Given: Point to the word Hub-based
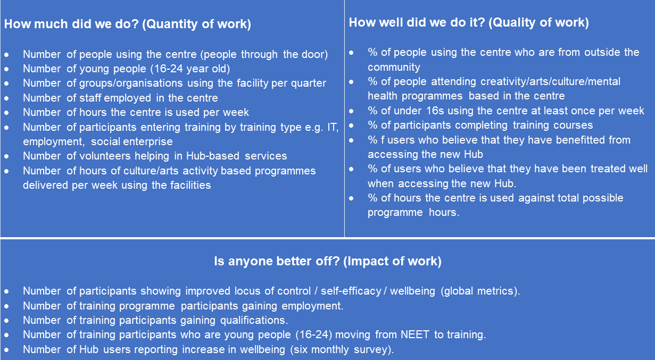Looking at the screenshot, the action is pyautogui.click(x=213, y=156).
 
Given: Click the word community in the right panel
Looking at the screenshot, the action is pyautogui.click(x=394, y=68).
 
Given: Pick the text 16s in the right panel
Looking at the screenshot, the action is pyautogui.click(x=435, y=111).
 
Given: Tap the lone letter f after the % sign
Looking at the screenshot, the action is pyautogui.click(x=383, y=140).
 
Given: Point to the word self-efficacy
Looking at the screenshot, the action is pyautogui.click(x=351, y=291).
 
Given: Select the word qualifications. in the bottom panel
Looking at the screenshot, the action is pyautogui.click(x=254, y=321).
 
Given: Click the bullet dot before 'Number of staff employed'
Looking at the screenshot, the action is pyautogui.click(x=6, y=98).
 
